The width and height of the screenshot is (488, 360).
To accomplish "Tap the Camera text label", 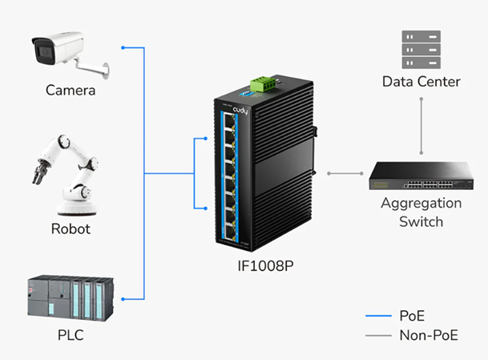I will click(71, 91).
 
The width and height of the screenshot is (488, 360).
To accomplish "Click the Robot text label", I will click(71, 229).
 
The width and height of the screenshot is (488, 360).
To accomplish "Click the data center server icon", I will click(421, 49).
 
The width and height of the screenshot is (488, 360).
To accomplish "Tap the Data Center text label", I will click(421, 82).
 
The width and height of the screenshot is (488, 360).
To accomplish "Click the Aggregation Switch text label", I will click(421, 212).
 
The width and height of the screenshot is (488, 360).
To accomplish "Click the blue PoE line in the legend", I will click(378, 314).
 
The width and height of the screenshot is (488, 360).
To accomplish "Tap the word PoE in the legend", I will click(413, 314).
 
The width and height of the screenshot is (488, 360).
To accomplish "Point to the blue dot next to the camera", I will click(123, 47).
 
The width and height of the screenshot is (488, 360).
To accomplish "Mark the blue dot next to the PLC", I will click(123, 298).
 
